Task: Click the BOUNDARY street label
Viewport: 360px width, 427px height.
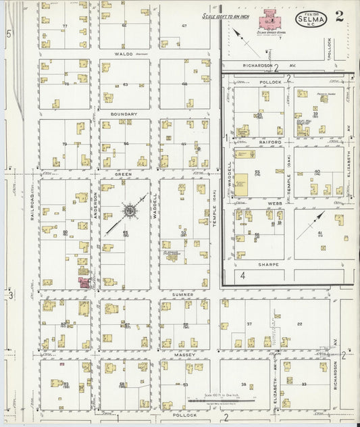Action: [x=124, y=114]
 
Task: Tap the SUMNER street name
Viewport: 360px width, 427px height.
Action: [x=182, y=295]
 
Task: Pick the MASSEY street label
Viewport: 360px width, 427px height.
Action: [x=184, y=354]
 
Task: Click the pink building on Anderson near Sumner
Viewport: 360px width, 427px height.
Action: [x=84, y=282]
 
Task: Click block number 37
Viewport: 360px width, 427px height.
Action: [x=249, y=324]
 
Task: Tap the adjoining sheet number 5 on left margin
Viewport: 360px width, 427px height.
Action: [x=9, y=33]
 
